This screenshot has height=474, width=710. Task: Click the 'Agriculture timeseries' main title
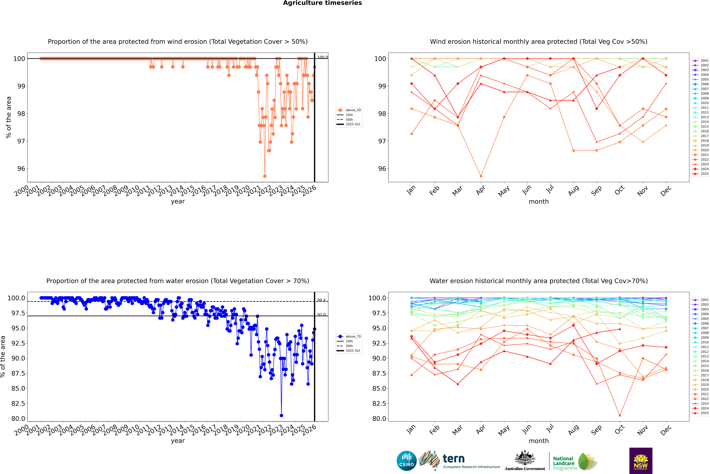[322, 3]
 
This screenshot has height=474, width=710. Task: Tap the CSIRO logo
[406, 461]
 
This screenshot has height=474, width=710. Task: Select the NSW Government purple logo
[641, 461]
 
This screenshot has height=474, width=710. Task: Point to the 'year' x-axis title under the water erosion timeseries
[178, 441]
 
